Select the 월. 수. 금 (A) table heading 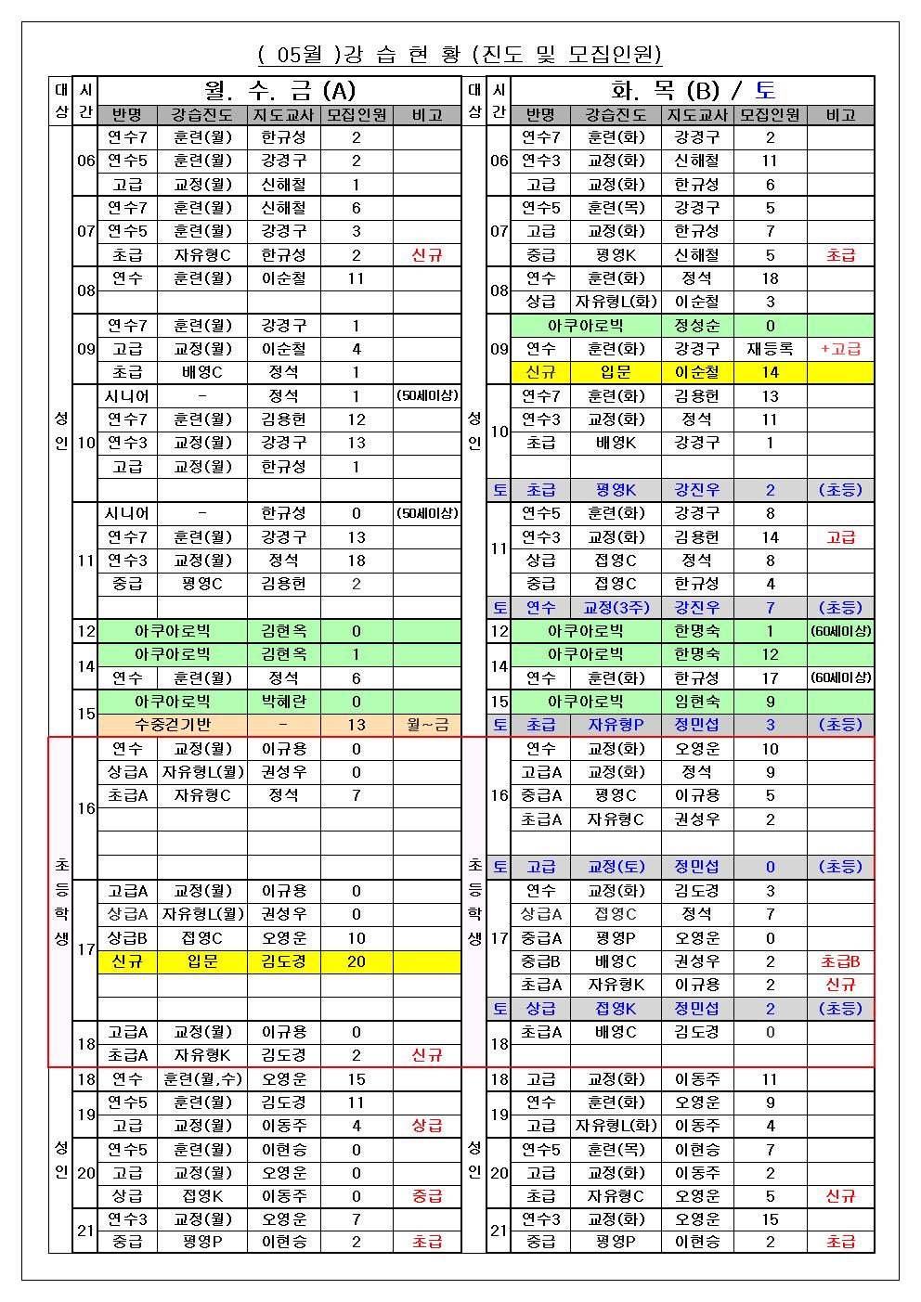[279, 90]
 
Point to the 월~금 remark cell [427, 725]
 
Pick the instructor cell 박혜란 [283, 702]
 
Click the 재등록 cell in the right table [770, 349]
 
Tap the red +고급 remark [840, 349]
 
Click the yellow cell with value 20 [357, 961]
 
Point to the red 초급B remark [840, 961]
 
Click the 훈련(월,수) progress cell [201, 1079]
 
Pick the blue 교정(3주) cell [616, 608]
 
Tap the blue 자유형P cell [616, 725]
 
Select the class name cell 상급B [127, 938]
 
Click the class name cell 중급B [540, 961]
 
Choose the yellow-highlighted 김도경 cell [283, 961]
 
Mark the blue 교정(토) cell [616, 867]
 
